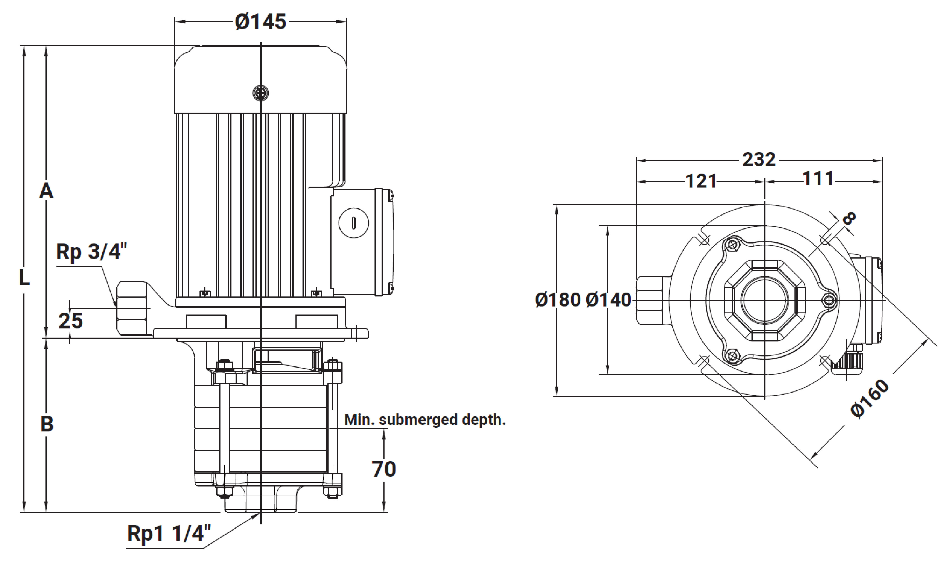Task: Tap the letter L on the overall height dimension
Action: click(x=24, y=278)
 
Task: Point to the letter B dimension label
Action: click(x=47, y=424)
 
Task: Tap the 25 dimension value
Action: click(x=70, y=321)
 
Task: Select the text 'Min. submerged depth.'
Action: click(x=424, y=420)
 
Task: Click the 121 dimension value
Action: click(x=701, y=181)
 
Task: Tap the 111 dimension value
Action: click(x=818, y=179)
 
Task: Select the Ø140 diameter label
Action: click(x=608, y=300)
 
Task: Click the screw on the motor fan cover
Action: click(x=260, y=93)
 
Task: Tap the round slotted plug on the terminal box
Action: click(x=353, y=223)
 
